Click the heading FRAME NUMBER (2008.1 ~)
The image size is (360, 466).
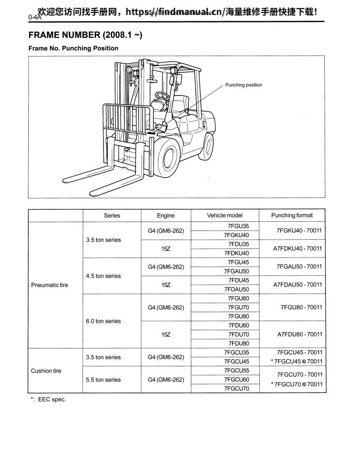[x=85, y=35]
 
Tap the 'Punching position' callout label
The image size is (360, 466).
[x=244, y=85]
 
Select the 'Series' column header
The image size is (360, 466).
[x=112, y=216]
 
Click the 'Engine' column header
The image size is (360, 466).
[x=166, y=216]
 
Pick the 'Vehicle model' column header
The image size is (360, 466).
[x=225, y=216]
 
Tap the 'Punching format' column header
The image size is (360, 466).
[x=292, y=216]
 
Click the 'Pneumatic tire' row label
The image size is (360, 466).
[x=49, y=285]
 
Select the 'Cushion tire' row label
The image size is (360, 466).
[x=46, y=371]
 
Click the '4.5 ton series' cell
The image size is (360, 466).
[x=104, y=276]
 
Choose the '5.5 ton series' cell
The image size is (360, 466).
[x=104, y=380]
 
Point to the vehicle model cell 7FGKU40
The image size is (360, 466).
[x=237, y=235]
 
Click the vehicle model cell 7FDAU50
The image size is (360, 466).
[x=237, y=289]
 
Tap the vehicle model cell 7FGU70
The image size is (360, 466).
[x=239, y=308]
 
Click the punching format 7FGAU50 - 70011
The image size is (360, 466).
[x=299, y=267]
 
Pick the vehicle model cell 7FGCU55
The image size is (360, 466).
[x=237, y=371]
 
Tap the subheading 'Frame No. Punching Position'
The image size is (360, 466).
[x=73, y=48]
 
